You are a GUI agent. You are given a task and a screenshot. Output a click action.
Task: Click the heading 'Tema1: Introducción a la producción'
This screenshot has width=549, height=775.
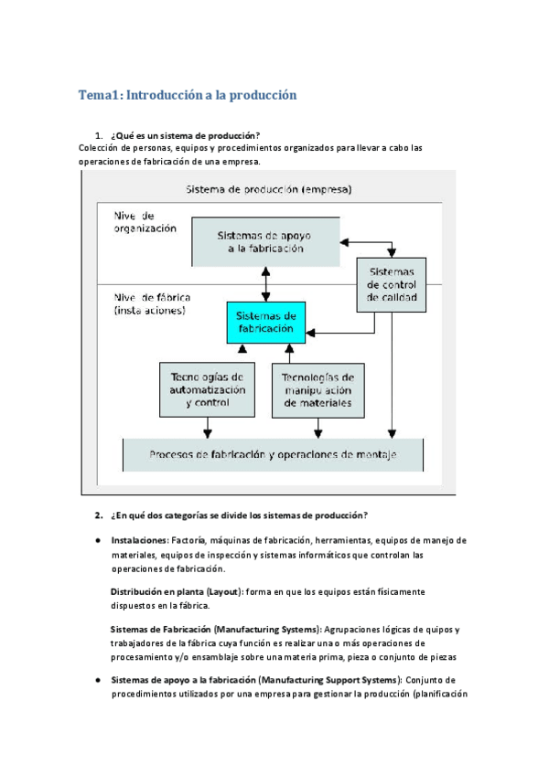tap(188, 95)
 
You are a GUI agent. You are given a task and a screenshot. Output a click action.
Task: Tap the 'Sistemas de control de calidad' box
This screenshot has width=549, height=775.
tap(391, 284)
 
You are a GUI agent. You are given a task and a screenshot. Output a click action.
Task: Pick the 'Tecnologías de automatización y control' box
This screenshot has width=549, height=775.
tap(208, 389)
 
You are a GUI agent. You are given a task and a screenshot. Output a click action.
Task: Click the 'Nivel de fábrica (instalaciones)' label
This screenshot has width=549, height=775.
tap(150, 303)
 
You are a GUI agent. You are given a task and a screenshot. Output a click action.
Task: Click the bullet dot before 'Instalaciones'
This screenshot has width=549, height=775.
tap(96, 540)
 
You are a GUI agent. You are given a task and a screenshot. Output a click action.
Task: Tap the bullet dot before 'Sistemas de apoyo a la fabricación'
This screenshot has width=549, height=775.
tap(96, 681)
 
